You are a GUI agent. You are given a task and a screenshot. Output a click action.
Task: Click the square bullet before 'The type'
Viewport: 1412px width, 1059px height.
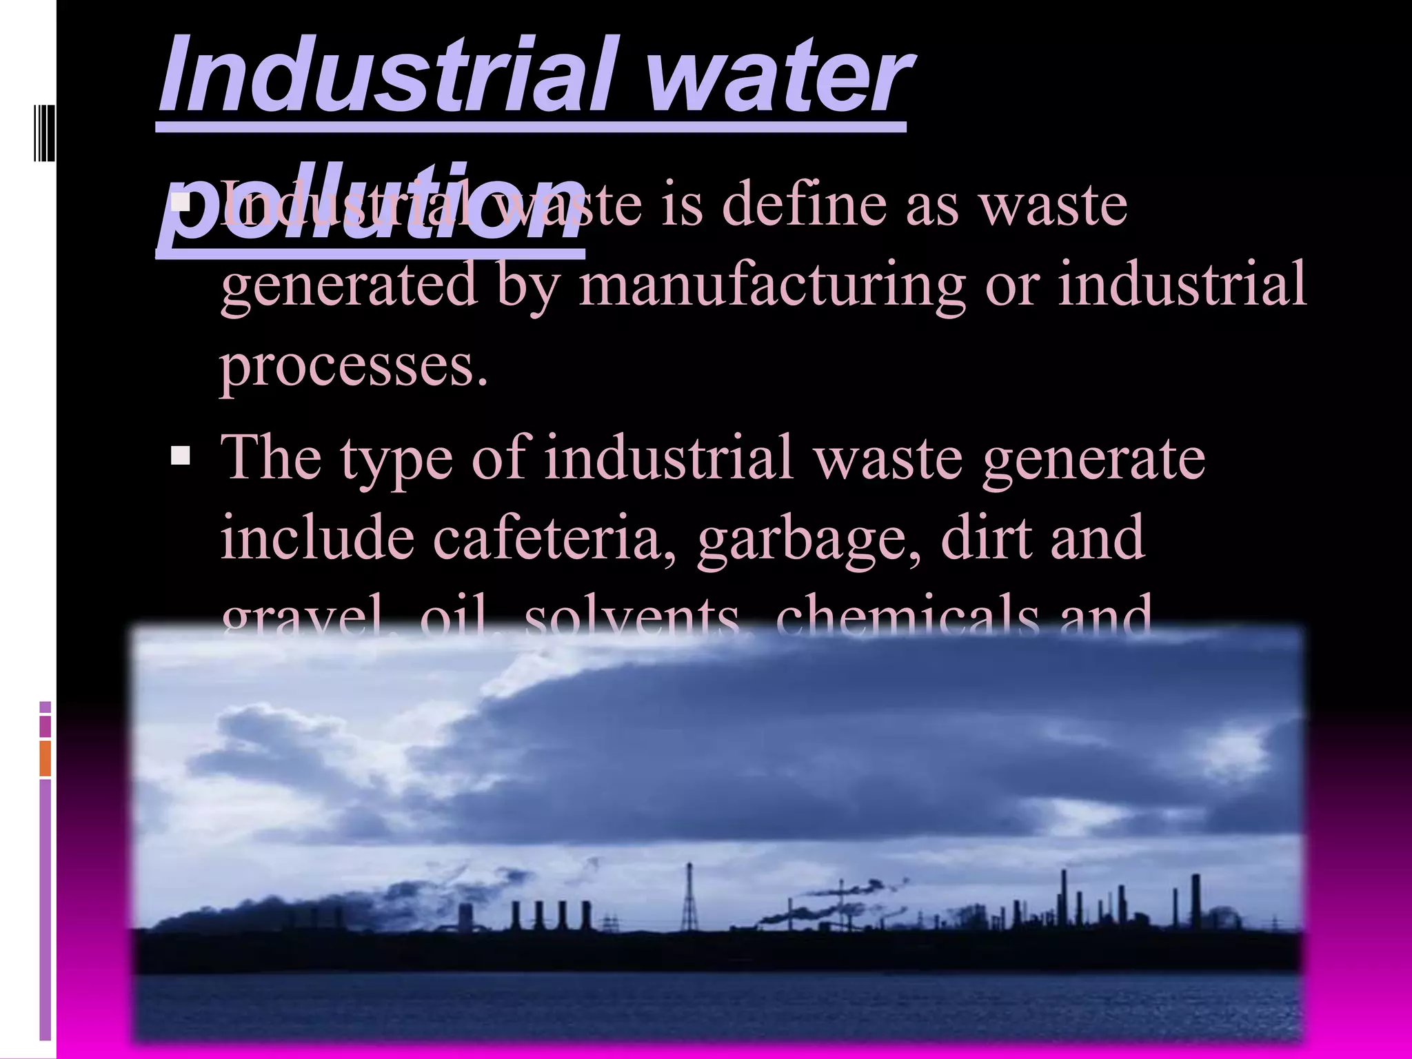(181, 456)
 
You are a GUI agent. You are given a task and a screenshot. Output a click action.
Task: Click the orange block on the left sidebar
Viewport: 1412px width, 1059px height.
(46, 758)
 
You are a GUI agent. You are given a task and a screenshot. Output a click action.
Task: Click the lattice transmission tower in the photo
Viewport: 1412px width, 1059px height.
(688, 896)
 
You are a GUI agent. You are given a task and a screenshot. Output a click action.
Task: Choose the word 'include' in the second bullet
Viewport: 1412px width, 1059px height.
(317, 538)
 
